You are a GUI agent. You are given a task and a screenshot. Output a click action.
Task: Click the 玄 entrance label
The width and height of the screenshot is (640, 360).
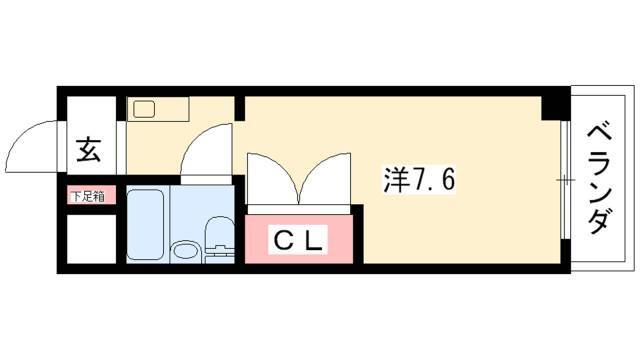click(x=89, y=150)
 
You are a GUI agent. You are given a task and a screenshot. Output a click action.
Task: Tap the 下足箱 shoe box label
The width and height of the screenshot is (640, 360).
click(x=87, y=196)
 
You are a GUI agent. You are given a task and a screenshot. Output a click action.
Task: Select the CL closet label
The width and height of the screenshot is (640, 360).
click(x=298, y=241)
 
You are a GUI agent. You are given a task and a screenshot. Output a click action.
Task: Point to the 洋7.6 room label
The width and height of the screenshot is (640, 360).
click(x=419, y=180)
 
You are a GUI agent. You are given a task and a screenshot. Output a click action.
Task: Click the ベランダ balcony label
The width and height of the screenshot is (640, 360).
click(x=599, y=180)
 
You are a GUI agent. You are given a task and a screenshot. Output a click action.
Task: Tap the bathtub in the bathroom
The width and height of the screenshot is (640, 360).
click(x=146, y=224)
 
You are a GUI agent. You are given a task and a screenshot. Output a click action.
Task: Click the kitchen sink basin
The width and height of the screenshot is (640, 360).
click(x=144, y=109)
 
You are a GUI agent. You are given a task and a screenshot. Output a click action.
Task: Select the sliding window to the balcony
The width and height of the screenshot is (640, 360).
click(x=564, y=180)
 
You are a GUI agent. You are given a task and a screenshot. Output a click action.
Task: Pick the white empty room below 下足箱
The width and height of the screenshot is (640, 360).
click(x=91, y=239)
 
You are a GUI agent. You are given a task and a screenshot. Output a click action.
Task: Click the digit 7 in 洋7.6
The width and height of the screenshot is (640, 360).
click(x=422, y=180)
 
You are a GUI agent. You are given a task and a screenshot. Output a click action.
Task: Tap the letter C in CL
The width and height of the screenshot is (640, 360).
click(x=282, y=241)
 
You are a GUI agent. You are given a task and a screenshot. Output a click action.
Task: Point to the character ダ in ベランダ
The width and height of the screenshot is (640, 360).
click(x=599, y=221)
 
